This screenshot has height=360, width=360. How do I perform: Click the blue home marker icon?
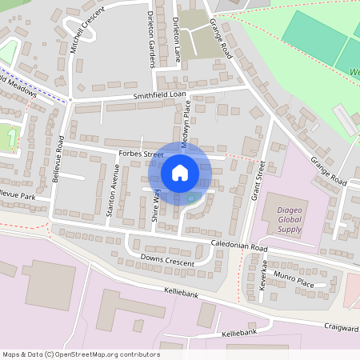coord(180,172)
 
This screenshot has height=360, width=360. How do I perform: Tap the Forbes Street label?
coord(140,154)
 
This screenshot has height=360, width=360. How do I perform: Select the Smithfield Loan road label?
coord(159,96)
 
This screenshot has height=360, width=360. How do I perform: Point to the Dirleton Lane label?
coord(176,32)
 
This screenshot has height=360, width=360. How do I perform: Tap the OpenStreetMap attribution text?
coord(81,354)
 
